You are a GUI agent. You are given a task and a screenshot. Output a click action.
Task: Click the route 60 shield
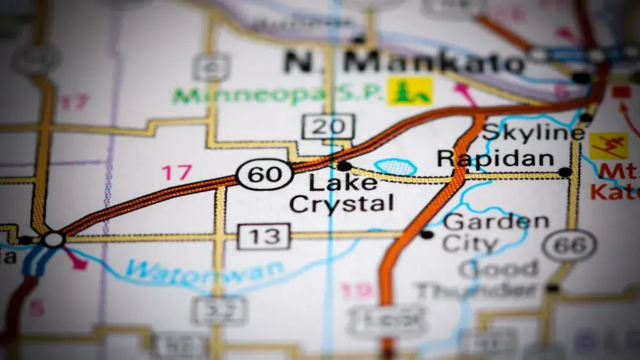(265, 174)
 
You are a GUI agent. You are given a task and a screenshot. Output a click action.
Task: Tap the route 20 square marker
(328, 127)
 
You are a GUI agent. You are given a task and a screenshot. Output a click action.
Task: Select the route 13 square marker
(264, 236)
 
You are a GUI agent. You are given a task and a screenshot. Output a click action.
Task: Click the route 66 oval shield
(570, 246)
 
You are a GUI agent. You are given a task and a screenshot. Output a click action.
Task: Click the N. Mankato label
(404, 61)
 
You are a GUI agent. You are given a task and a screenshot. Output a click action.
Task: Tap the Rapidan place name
(495, 158)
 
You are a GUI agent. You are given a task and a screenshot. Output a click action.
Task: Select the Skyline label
(533, 132)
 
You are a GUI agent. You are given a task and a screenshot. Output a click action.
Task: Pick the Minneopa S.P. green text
(277, 95)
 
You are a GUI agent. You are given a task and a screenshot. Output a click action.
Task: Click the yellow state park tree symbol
(410, 91)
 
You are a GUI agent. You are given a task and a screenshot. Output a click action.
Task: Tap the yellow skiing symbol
(608, 146)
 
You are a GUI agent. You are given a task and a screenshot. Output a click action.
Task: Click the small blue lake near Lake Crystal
(395, 167)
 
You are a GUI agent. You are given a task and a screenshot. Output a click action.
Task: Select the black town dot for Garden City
(426, 234)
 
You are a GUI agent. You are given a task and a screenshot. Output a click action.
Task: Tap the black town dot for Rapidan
(564, 172)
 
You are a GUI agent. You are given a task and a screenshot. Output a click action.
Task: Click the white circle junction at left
(54, 239)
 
